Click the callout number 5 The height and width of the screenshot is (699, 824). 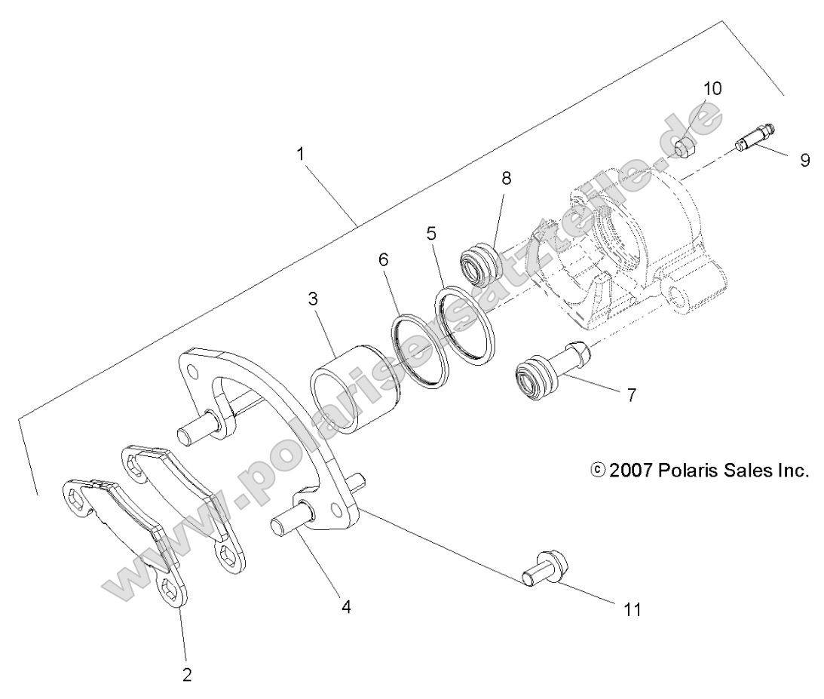[x=431, y=233]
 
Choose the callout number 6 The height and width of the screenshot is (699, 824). [x=383, y=259]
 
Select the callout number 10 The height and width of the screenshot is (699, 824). [x=712, y=88]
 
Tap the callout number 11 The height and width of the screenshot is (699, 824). [x=633, y=609]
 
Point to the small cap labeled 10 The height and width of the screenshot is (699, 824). [x=684, y=146]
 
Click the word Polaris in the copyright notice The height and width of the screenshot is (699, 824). [x=687, y=471]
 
